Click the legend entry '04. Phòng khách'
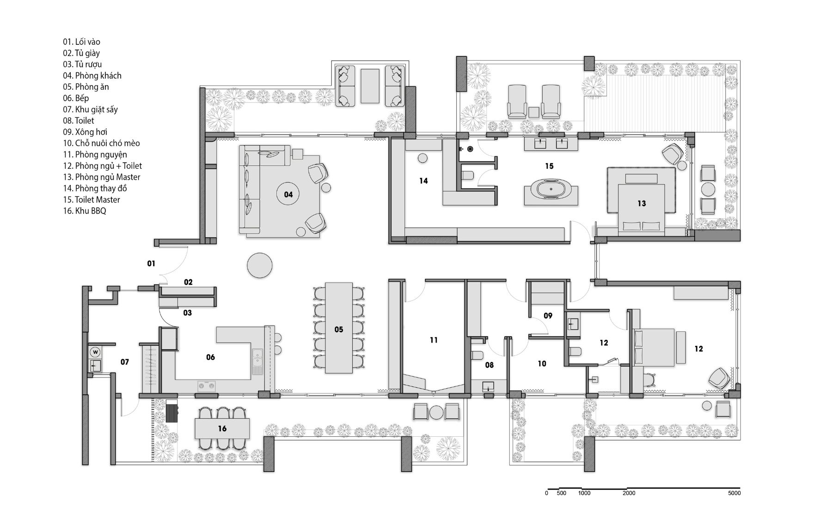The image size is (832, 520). pos(92,75)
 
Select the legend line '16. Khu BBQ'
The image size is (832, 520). pos(85,211)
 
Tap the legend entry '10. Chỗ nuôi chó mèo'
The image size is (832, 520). pos(101,143)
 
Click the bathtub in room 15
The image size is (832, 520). pos(551,190)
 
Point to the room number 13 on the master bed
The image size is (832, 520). pos(642,203)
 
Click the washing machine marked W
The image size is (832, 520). pos(96,352)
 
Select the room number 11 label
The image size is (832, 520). pos(434,340)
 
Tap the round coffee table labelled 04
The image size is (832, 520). pos(288,194)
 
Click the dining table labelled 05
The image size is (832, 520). pos(339,328)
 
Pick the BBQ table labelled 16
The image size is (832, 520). pos(222,428)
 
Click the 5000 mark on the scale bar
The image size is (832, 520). pos(734,493)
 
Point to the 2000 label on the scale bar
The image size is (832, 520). pos(629,493)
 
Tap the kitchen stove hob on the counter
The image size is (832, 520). pos(207,385)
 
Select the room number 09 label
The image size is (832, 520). pos(548,316)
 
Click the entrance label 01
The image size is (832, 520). pos(151,263)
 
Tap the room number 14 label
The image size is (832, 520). pos(424,181)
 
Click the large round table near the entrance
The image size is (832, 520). pos(260,265)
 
